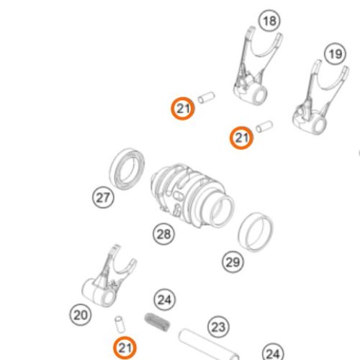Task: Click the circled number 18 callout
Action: tap(270, 21)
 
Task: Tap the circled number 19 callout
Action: tap(336, 54)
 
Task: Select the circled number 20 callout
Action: tap(81, 315)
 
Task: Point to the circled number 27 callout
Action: tap(103, 197)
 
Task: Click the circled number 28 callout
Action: tap(163, 234)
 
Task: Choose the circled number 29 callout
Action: tap(233, 262)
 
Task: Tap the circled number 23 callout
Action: tap(218, 327)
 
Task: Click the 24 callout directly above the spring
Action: tap(164, 300)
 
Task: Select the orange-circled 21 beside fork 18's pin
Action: tap(183, 109)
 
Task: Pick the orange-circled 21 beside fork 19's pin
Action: tap(241, 138)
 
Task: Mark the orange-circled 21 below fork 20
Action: tap(125, 348)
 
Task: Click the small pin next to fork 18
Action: tap(206, 97)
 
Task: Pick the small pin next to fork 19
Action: tap(264, 127)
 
